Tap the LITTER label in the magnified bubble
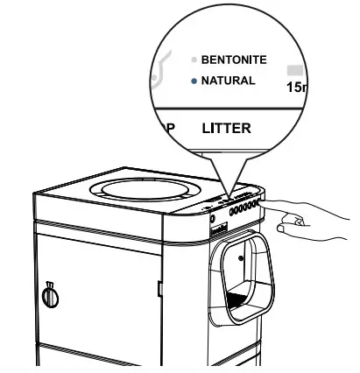pyautogui.click(x=226, y=128)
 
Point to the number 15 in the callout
pyautogui.click(x=295, y=88)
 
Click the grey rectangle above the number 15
pyautogui.click(x=295, y=67)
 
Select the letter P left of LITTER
pyautogui.click(x=171, y=129)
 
